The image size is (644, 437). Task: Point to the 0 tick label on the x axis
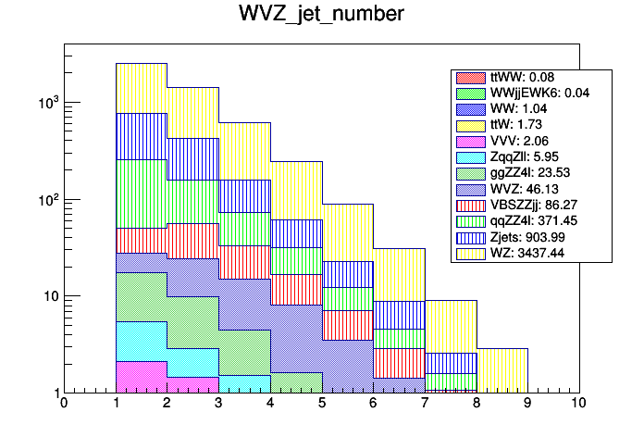coord(63,404)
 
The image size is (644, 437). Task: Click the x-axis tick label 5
coord(321,404)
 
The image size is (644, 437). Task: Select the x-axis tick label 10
coord(578,404)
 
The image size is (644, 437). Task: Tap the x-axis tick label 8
coord(476,404)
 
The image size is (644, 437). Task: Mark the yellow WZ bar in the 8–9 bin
coord(502,370)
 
